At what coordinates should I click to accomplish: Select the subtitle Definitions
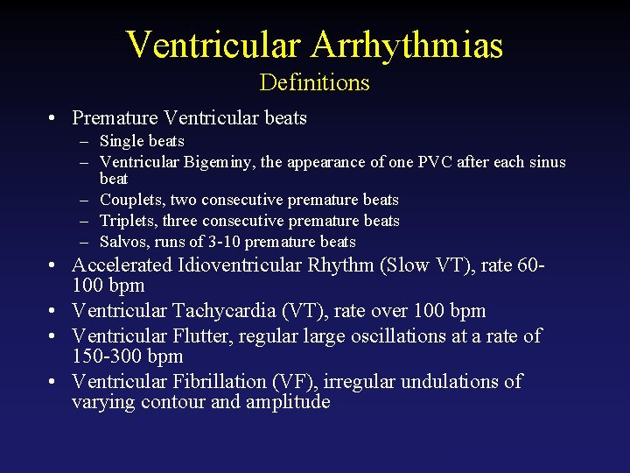click(x=314, y=82)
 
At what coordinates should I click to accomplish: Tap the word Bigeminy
click(x=219, y=162)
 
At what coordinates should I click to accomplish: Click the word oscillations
click(x=404, y=335)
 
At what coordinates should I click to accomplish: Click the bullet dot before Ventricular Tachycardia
click(x=54, y=311)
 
